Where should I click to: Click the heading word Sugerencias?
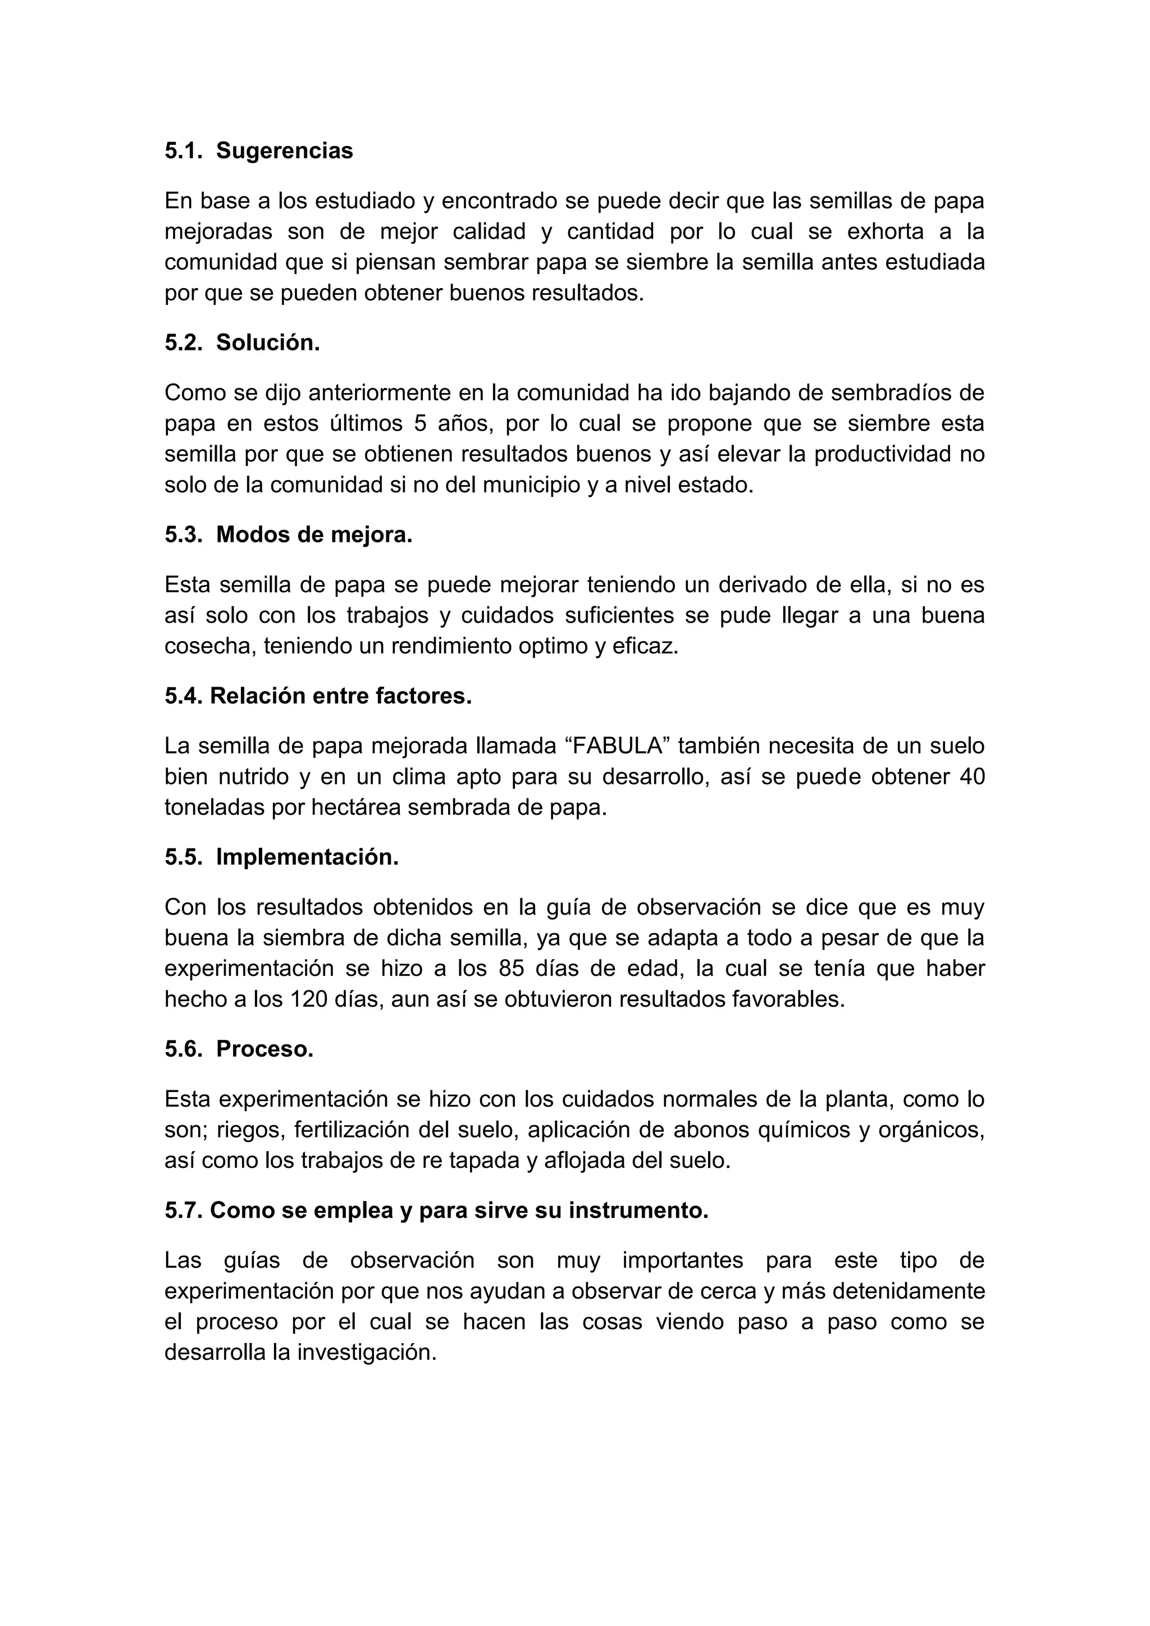click(x=284, y=151)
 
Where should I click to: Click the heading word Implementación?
click(x=307, y=857)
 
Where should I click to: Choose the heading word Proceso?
click(x=265, y=1049)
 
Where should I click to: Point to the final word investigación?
click(x=366, y=1353)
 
